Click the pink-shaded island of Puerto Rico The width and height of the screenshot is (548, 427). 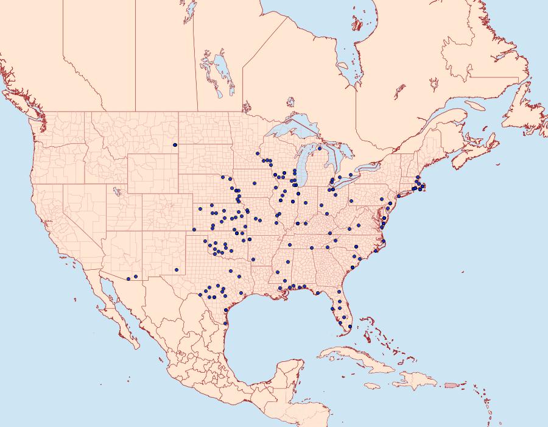[x=451, y=384]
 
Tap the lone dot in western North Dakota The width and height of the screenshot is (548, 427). [x=175, y=145]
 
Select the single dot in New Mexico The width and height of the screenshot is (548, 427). [x=175, y=269]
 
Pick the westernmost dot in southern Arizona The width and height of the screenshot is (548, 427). [x=128, y=279]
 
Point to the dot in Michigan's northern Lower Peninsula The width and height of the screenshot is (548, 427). [x=320, y=149]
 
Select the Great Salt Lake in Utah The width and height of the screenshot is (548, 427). [x=115, y=191]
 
